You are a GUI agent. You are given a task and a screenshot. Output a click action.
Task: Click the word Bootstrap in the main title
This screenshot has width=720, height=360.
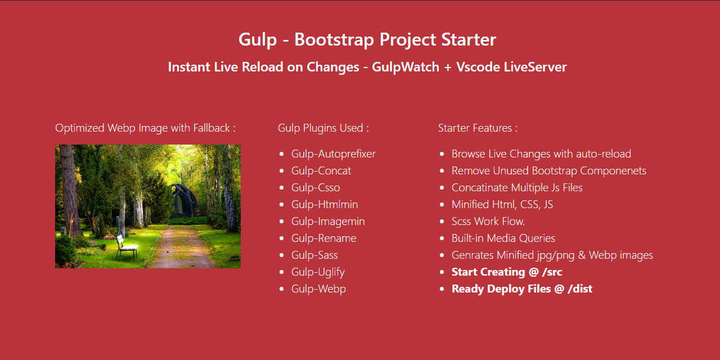(334, 39)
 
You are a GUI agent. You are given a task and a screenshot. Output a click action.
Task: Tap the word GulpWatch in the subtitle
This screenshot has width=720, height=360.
(406, 67)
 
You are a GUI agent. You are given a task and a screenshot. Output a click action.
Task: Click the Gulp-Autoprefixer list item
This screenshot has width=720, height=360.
(334, 154)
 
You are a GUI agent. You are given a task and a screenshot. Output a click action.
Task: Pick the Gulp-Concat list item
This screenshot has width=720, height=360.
(321, 171)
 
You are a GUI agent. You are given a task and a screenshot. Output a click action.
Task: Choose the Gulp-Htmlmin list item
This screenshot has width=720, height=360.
(325, 204)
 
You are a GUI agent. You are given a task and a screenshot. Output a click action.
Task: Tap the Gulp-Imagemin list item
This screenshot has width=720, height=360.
(328, 222)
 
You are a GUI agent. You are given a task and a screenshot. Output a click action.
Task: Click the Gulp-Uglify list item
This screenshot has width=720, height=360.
(318, 272)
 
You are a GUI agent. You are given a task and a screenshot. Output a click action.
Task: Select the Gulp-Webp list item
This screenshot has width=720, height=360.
(318, 289)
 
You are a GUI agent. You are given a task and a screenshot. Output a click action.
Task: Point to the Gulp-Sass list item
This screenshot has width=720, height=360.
(314, 255)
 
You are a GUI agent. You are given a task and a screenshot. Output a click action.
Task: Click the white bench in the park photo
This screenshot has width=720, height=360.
(127, 247)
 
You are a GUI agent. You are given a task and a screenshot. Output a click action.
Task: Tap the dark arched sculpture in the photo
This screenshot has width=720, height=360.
(184, 200)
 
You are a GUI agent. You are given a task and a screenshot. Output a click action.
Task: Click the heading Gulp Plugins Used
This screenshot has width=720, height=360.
(323, 128)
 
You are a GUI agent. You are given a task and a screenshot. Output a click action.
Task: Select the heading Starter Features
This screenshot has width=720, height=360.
(478, 128)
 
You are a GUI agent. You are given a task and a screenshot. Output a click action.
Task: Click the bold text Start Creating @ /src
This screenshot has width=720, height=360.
(507, 272)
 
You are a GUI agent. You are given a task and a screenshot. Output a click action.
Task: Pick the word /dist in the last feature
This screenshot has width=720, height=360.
(580, 289)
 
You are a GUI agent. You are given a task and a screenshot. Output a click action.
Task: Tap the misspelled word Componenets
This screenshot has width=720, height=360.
(613, 171)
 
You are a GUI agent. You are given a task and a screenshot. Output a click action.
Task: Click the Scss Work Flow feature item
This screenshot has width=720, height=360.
(488, 222)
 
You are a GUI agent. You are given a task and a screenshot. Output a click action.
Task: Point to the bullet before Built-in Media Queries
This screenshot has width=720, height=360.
(442, 238)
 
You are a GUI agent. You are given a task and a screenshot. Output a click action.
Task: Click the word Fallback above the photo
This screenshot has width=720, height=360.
(211, 128)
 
